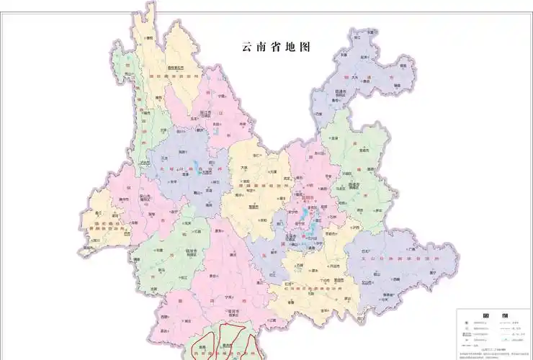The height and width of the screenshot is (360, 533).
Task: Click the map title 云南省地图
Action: point(277,48)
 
